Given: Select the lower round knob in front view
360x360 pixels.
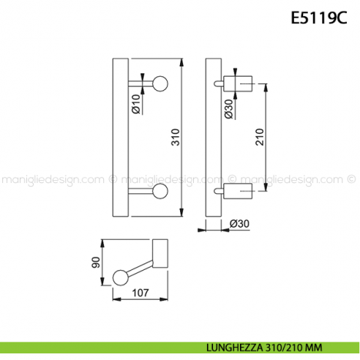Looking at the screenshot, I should tap(160, 192).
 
